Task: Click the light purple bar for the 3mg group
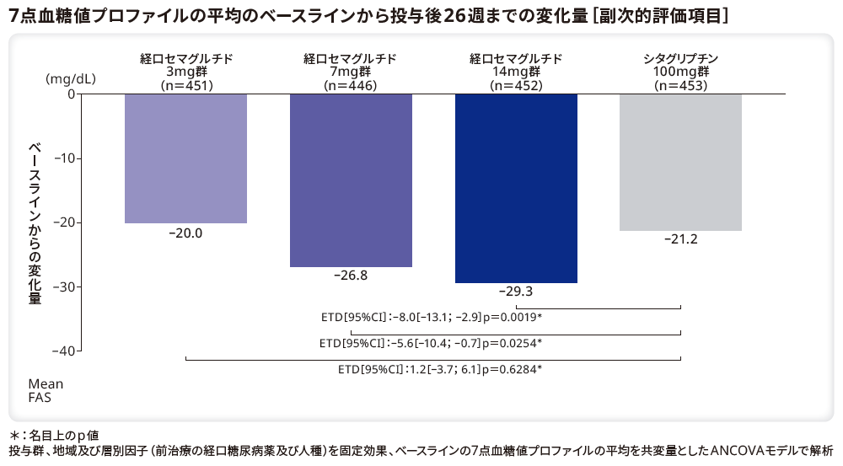185,158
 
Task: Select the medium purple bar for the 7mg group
351,180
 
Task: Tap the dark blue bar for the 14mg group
516,188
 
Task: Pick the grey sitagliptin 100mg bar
680,162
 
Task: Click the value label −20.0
185,233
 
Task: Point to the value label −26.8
351,276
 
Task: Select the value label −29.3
516,292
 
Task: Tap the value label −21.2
680,240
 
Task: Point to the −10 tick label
66,158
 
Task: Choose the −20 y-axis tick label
66,222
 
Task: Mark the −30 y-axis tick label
66,287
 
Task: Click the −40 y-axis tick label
66,351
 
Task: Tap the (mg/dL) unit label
71,79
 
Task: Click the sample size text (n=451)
186,85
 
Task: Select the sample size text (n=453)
680,85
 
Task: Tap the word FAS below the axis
40,397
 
